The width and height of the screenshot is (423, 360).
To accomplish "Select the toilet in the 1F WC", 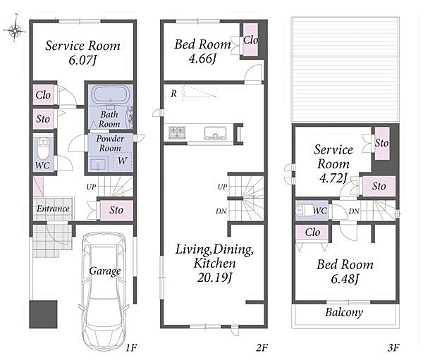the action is coord(42,149).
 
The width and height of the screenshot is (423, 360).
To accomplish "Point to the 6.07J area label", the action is coord(82,60).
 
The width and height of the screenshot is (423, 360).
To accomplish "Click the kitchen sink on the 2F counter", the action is coord(215,132).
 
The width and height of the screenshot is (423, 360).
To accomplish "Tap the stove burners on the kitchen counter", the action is coord(177,132).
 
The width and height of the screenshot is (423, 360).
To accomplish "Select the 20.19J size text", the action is coord(214,278).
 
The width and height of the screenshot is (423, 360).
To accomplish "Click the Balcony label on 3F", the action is coord(344,312).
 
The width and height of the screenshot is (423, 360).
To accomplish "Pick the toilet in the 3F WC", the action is coord(303,210).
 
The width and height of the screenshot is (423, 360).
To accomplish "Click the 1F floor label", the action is coord(132,347).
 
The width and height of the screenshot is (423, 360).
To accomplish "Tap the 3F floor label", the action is coord(393,347).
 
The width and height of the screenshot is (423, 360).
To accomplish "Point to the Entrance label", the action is coord(53,209).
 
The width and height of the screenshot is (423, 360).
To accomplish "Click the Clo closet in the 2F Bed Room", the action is coord(250,40).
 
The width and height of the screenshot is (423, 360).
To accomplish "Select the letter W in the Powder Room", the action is coord(123,161).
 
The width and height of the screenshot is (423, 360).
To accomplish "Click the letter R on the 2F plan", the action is coord(173,94).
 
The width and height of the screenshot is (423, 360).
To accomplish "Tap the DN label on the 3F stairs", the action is coord(354,211).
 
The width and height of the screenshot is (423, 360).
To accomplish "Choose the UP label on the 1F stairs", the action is coord(91,187).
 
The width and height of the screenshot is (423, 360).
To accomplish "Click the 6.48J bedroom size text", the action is coord(345,279).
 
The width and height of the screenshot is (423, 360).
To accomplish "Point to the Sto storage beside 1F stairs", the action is coord(116,210).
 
